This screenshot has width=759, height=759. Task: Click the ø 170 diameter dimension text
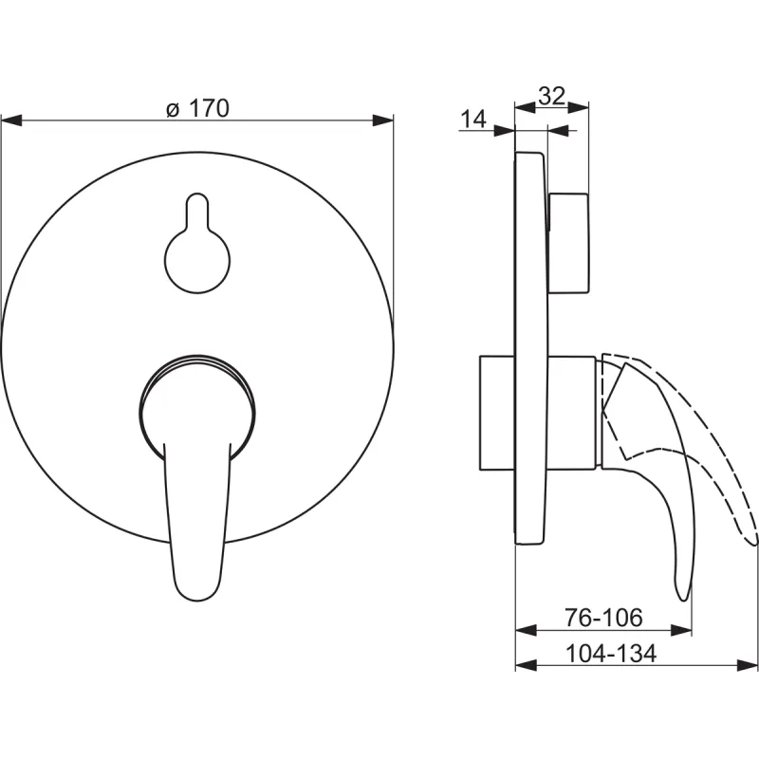point(197,108)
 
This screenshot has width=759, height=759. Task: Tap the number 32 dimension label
point(552,96)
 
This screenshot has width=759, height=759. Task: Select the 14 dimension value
point(472,119)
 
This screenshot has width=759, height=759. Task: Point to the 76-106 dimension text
point(603,618)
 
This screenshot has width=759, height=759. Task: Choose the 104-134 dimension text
point(611,654)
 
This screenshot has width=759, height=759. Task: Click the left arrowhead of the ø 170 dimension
point(11,120)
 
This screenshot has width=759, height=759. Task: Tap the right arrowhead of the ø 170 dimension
point(383,120)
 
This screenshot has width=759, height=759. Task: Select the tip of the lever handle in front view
point(198,600)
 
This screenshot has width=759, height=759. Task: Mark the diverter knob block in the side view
point(568,243)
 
